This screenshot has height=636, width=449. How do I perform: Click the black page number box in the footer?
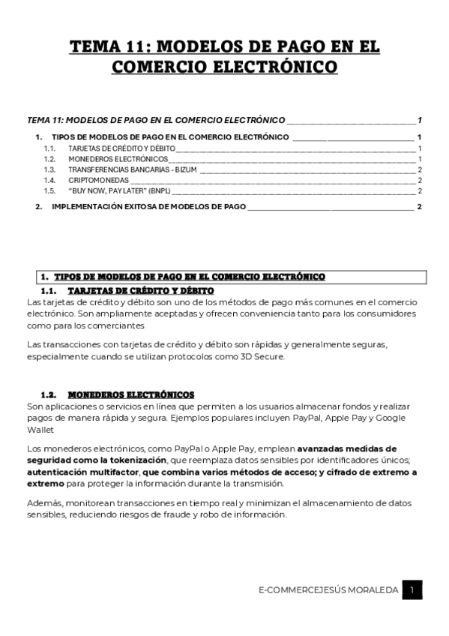[x=412, y=590]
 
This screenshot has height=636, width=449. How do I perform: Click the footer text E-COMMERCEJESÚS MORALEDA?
[x=327, y=591]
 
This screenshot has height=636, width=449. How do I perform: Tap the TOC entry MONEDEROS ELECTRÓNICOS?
[x=118, y=160]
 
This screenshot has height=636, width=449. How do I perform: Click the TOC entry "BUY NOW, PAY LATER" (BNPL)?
[x=119, y=191]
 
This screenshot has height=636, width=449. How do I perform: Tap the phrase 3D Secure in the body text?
[x=264, y=356]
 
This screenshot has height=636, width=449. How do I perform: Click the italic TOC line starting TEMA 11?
[x=156, y=120]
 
